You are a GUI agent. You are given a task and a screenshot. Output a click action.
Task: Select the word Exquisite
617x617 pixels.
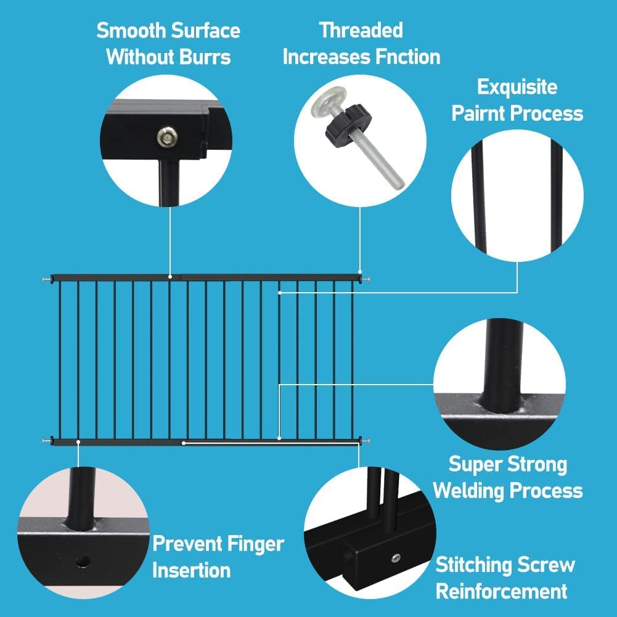(x=517, y=87)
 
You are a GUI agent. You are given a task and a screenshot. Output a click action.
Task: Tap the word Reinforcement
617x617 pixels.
(x=501, y=591)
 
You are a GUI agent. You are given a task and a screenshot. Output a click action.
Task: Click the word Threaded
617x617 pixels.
(x=361, y=30)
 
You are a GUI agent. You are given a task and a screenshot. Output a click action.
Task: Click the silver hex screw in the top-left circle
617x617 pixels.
(x=165, y=137)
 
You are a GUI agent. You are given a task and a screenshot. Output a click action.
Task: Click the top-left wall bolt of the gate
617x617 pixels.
(x=47, y=280)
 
